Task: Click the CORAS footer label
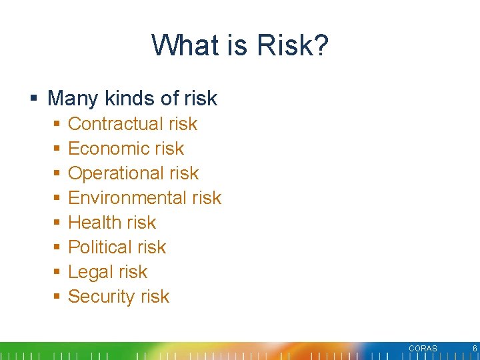click(x=423, y=349)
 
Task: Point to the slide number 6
click(x=474, y=349)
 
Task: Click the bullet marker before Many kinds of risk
click(x=33, y=99)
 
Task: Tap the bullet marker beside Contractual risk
click(x=57, y=124)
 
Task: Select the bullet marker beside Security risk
click(x=57, y=297)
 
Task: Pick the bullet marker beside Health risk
click(x=57, y=223)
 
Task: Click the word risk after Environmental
click(x=206, y=198)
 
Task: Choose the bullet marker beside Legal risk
click(x=57, y=272)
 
